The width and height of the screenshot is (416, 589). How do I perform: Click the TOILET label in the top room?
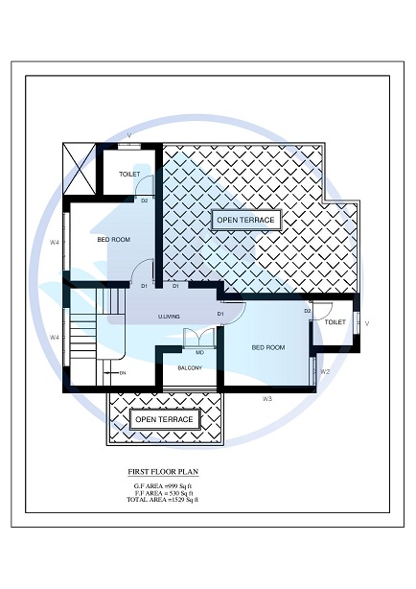pyautogui.click(x=129, y=175)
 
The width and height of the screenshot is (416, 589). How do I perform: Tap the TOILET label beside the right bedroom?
pyautogui.click(x=335, y=322)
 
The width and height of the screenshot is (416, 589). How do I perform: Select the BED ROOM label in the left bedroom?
pyautogui.click(x=113, y=240)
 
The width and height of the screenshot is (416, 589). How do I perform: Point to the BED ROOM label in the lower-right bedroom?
pyautogui.click(x=268, y=347)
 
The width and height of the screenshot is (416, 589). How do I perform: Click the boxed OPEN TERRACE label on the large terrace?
pyautogui.click(x=245, y=221)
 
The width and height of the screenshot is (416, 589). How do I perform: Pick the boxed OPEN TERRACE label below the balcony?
pyautogui.click(x=164, y=420)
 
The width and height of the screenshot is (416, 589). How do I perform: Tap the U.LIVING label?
pyautogui.click(x=170, y=317)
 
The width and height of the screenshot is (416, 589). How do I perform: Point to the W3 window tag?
pyautogui.click(x=267, y=398)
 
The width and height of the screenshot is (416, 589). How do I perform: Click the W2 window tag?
pyautogui.click(x=325, y=372)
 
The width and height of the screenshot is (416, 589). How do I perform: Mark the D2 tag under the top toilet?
pyautogui.click(x=145, y=200)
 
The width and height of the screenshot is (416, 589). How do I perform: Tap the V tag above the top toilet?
pyautogui.click(x=129, y=135)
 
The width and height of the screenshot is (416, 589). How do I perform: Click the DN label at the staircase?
pyautogui.click(x=123, y=372)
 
